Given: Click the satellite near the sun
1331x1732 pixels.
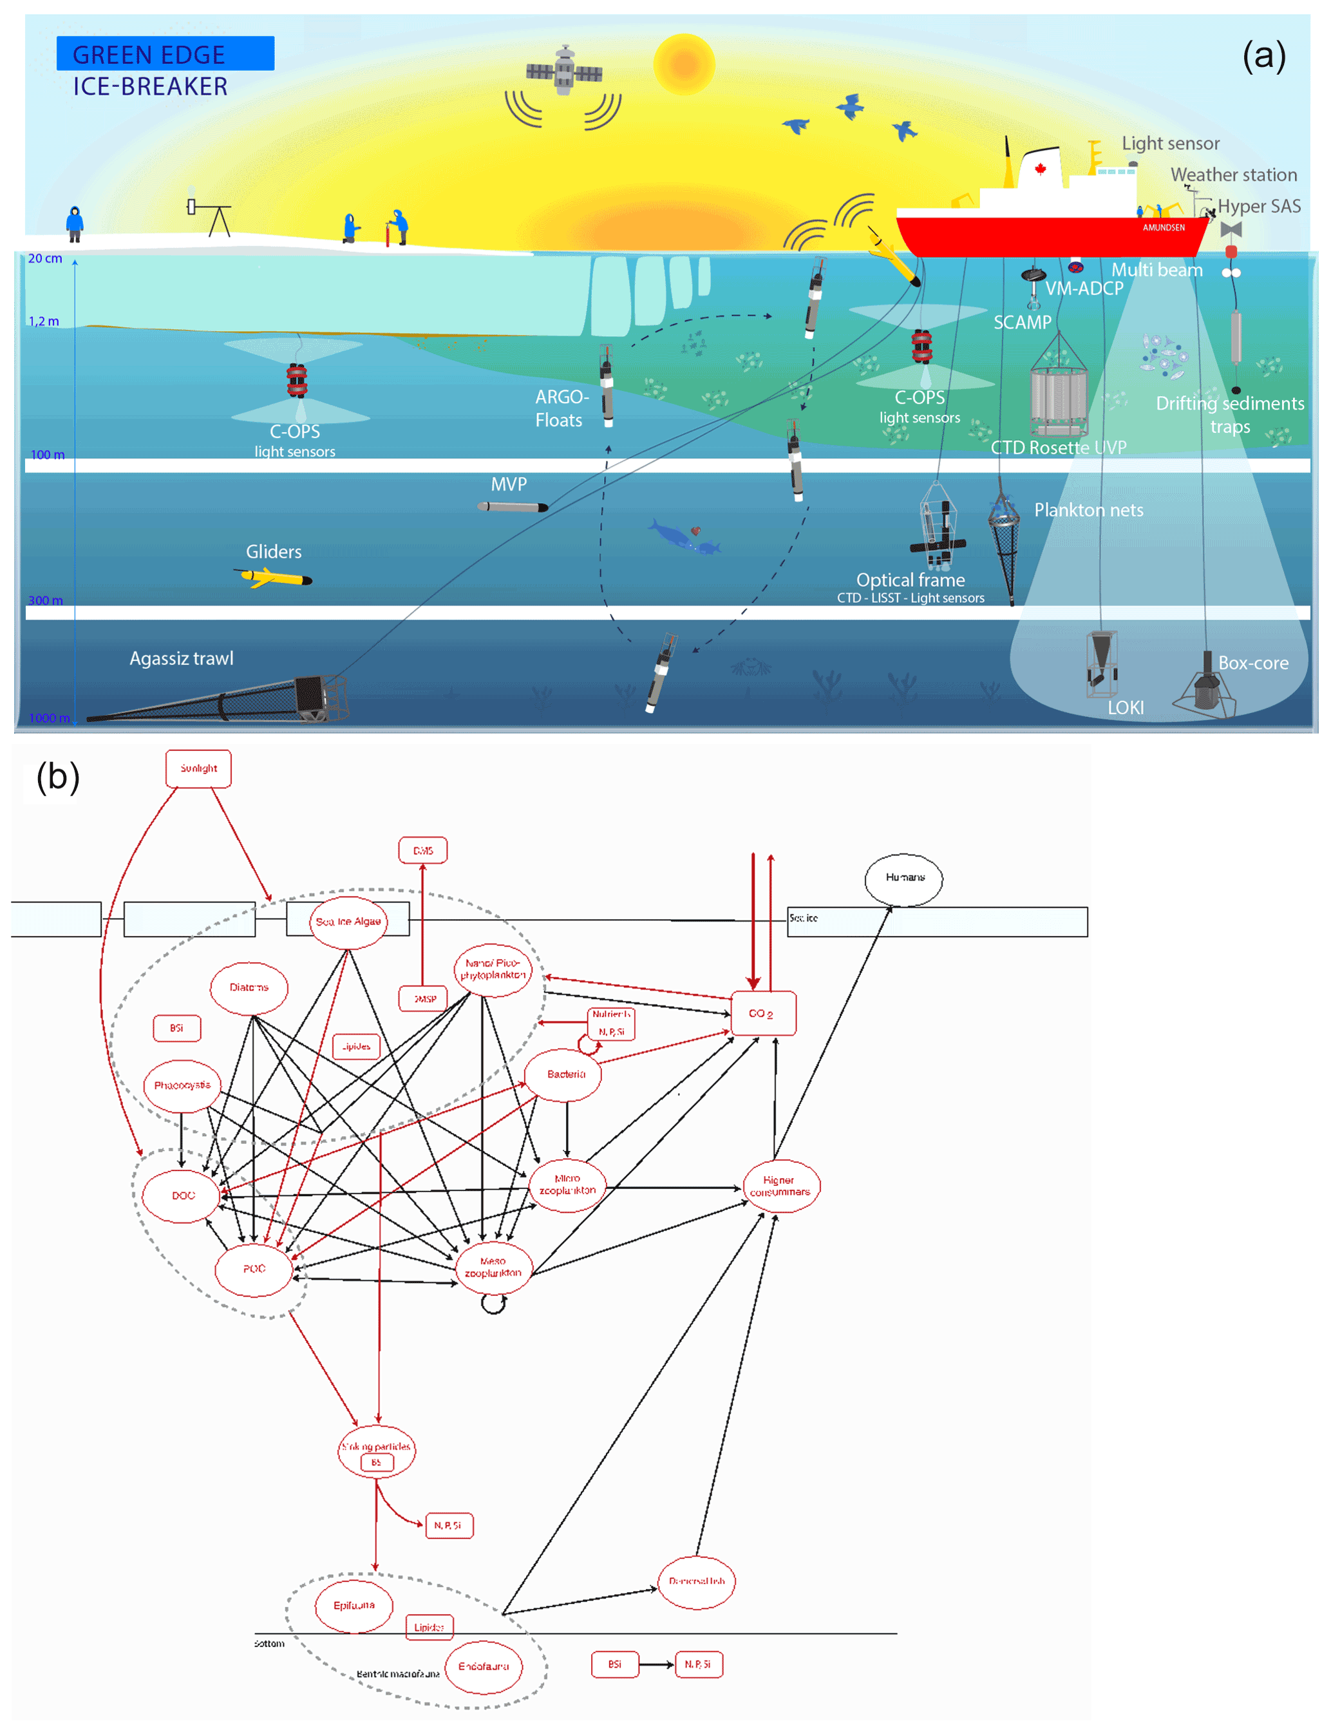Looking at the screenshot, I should point(563,72).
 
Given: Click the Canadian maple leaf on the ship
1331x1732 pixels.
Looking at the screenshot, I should point(1040,168).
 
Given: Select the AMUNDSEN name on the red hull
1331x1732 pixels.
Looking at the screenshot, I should point(1163,227).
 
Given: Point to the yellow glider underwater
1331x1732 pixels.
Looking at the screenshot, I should point(276,578).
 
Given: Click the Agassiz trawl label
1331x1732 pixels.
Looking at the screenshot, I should point(182,658).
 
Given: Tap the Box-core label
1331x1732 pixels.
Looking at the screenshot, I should point(1252,663).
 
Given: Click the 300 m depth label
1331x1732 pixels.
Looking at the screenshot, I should point(45,600).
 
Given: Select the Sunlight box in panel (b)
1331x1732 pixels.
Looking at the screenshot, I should point(198,768).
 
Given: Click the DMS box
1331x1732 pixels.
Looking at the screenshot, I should point(422,850).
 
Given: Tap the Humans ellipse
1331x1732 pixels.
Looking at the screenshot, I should point(904,878).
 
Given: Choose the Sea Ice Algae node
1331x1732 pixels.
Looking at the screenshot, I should point(348,922).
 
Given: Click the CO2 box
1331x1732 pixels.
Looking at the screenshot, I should point(762,1013).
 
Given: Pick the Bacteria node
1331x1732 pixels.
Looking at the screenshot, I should point(565,1074).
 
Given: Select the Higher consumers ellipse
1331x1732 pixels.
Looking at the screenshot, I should point(780,1186).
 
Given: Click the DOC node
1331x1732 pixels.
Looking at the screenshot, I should point(182,1195).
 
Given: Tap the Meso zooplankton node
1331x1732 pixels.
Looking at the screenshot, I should point(493,1267).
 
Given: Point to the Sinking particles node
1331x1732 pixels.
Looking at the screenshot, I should point(376,1451).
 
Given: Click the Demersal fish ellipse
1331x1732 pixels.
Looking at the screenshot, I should point(696,1581).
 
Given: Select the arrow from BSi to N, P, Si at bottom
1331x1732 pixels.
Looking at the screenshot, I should point(657,1664).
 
